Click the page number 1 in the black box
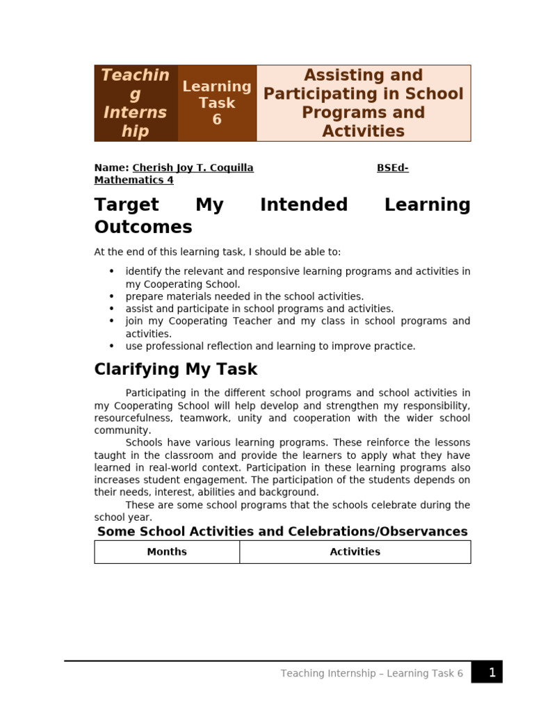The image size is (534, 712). (x=492, y=672)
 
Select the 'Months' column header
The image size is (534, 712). (x=167, y=551)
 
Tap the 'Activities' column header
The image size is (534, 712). (x=355, y=551)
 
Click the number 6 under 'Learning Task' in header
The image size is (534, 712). (x=217, y=120)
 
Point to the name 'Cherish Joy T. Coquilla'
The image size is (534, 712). (x=193, y=168)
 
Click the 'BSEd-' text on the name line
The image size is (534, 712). (x=393, y=168)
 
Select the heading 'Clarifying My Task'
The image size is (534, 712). (x=176, y=369)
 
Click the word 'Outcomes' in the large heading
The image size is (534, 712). (x=143, y=227)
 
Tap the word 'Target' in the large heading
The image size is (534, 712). (x=127, y=204)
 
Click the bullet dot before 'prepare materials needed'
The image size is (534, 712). (x=111, y=296)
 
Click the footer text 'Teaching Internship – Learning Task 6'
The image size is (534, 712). (x=371, y=673)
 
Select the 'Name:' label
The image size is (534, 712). (x=111, y=168)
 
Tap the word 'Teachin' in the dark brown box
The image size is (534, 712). (x=136, y=75)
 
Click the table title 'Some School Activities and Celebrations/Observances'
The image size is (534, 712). (x=282, y=531)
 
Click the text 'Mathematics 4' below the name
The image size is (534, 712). (x=134, y=180)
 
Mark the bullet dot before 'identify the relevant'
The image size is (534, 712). (x=111, y=271)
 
